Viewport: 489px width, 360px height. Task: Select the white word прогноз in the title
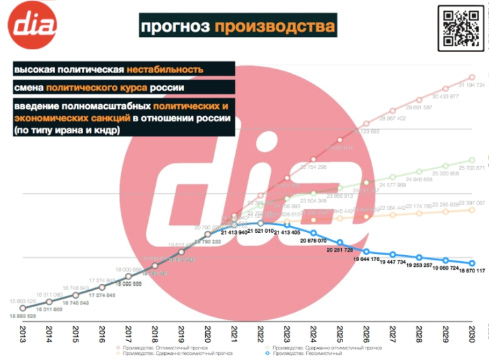(174, 27)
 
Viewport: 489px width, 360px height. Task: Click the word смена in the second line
(29, 88)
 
